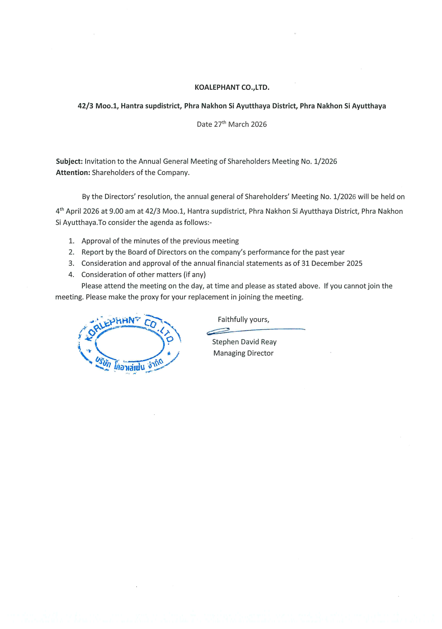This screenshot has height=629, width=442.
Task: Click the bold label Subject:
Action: pyautogui.click(x=69, y=161)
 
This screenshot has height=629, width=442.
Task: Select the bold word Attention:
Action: pyautogui.click(x=73, y=173)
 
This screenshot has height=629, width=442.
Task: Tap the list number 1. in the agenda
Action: pyautogui.click(x=72, y=241)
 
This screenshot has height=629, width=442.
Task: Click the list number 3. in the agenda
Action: pyautogui.click(x=72, y=264)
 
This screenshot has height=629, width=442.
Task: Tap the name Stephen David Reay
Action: pyautogui.click(x=244, y=342)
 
